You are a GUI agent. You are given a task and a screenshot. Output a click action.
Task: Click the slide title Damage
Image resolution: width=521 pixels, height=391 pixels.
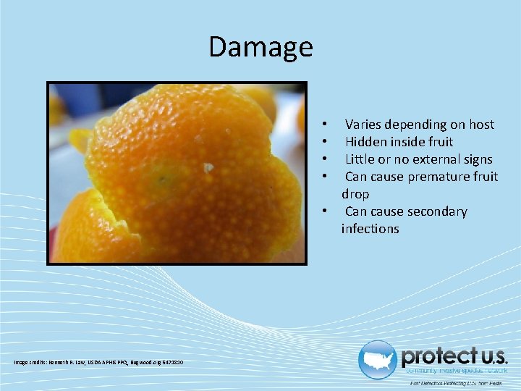coord(260,47)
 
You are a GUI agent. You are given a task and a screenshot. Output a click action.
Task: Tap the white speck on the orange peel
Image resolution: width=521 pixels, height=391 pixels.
coord(208,167)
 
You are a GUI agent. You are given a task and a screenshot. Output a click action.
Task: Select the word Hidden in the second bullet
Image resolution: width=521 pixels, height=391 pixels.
coord(366,142)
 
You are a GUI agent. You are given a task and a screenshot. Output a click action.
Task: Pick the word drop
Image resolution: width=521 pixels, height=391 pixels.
coord(355,194)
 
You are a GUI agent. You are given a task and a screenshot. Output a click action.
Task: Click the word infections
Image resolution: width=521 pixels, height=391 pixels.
coord(370,229)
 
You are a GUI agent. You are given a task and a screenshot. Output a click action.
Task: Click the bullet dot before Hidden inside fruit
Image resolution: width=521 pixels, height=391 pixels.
coord(327,142)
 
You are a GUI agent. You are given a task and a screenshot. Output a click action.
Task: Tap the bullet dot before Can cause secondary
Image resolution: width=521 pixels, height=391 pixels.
coord(327,211)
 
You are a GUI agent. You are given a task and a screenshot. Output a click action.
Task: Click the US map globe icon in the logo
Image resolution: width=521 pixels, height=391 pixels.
coord(377,360)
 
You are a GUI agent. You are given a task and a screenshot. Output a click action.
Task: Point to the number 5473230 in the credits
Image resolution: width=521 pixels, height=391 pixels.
coord(171,362)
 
